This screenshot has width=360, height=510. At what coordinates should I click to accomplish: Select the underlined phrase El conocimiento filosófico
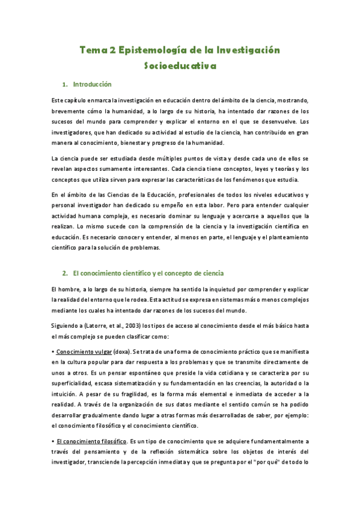92,441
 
